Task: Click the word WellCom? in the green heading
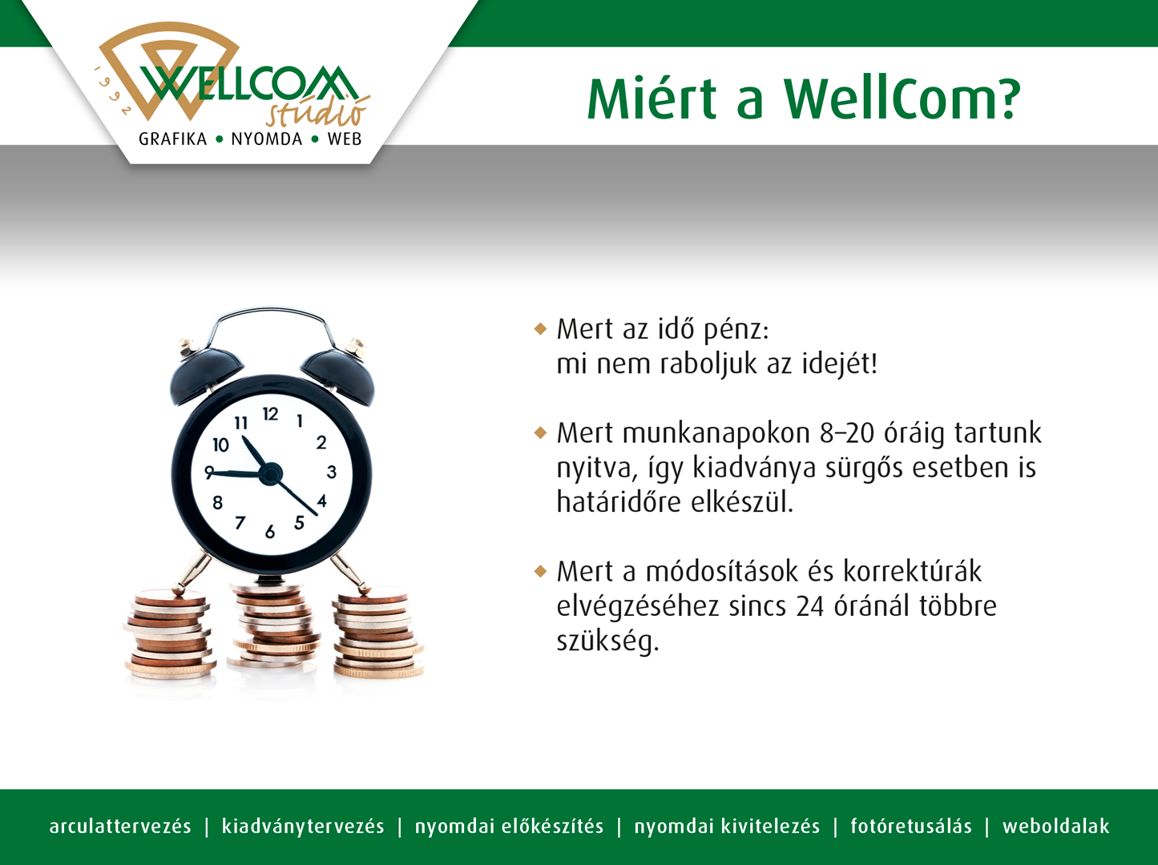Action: tap(902, 99)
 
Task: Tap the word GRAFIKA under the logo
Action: tap(172, 139)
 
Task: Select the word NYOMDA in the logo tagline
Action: tap(267, 139)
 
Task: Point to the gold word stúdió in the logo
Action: tap(317, 112)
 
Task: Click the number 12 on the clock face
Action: tap(271, 414)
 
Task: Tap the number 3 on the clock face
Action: tap(331, 472)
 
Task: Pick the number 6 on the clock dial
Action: tap(270, 531)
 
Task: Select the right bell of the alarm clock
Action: tap(339, 372)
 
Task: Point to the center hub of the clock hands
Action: tap(271, 473)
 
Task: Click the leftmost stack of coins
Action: tap(170, 635)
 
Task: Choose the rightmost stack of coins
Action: tap(377, 634)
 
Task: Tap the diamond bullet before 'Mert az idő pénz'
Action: tap(540, 329)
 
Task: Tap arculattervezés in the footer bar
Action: tap(119, 826)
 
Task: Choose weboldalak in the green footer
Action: tap(1055, 826)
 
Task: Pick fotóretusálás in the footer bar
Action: tap(910, 826)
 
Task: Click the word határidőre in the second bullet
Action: tap(619, 502)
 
